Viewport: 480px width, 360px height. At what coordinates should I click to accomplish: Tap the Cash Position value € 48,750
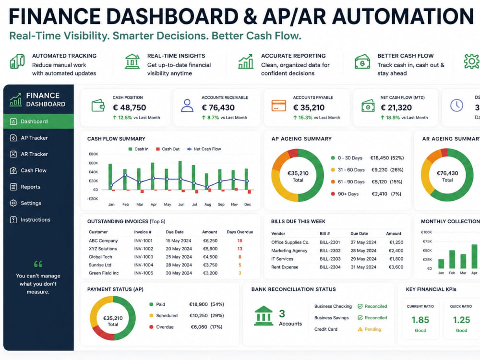click(130, 108)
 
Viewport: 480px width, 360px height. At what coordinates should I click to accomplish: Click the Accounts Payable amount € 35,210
click(309, 108)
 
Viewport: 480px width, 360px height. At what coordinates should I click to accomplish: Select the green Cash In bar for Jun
click(180, 175)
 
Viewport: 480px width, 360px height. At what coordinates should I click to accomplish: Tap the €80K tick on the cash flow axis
click(93, 154)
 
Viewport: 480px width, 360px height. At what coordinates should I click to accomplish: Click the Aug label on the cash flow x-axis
click(208, 204)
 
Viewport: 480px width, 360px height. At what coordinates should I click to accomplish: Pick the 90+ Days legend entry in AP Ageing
click(345, 194)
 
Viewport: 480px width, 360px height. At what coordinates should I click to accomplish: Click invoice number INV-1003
click(143, 257)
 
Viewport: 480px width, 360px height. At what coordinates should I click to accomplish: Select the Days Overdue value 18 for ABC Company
click(240, 240)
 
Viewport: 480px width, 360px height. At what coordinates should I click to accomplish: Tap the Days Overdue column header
click(240, 232)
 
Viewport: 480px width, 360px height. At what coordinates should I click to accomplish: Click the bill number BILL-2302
click(330, 251)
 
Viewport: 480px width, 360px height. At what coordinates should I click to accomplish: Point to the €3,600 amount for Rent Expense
click(396, 267)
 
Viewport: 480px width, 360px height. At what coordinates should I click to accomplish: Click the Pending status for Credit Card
click(370, 329)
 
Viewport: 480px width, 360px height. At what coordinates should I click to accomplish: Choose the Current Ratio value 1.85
click(420, 320)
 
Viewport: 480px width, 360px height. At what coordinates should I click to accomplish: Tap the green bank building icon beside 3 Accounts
click(264, 316)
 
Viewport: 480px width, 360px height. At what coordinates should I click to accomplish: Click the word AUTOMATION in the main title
click(403, 16)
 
